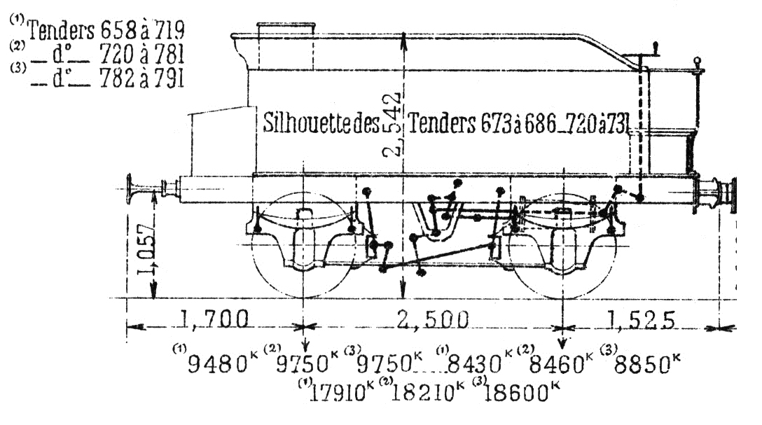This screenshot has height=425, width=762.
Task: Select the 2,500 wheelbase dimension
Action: click(x=433, y=320)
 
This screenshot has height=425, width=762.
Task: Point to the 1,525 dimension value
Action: click(x=641, y=320)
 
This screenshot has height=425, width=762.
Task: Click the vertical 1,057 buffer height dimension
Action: click(x=145, y=249)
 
